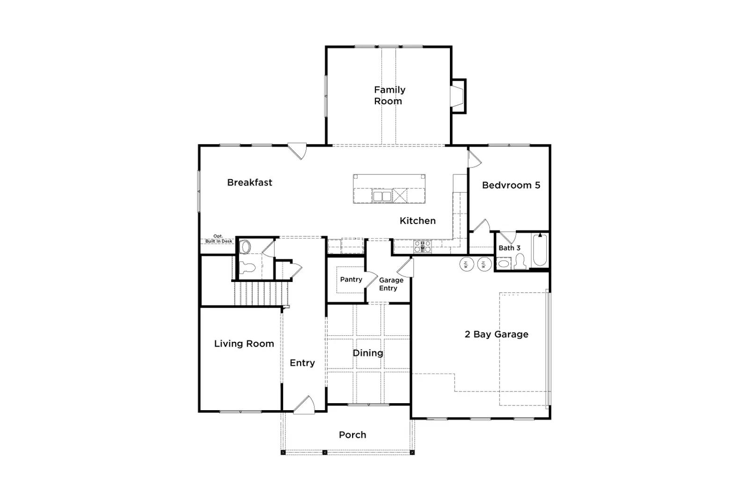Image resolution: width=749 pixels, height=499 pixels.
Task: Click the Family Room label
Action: [389, 95]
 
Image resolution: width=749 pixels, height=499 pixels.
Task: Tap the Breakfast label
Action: [250, 182]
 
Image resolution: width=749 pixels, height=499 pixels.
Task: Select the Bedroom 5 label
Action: [511, 185]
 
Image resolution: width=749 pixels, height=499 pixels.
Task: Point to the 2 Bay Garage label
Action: [497, 334]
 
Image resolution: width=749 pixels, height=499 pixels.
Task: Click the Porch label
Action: [352, 434]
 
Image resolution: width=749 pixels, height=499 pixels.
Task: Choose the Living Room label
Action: [244, 344]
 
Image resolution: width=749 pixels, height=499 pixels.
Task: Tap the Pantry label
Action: [351, 279]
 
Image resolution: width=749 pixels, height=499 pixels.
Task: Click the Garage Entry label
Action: [391, 284]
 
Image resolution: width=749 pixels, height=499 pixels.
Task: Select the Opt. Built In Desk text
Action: [219, 239]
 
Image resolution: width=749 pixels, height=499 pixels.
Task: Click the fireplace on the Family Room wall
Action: [458, 96]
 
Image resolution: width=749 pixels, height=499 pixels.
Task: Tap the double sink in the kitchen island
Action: [382, 196]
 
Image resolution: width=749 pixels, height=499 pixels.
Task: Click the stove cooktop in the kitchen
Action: [422, 246]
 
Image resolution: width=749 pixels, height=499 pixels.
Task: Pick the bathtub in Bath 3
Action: [540, 250]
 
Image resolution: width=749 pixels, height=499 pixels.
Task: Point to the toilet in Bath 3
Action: [520, 261]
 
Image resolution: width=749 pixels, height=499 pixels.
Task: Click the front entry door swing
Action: [304, 405]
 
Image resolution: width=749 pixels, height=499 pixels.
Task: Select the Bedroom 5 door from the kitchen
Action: [474, 159]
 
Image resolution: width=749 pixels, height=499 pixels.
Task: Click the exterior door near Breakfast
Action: [298, 151]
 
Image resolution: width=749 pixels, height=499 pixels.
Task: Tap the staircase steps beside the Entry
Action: [260, 294]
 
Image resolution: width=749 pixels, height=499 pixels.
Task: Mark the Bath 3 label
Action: [509, 248]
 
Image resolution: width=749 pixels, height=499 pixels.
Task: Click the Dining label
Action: [368, 353]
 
